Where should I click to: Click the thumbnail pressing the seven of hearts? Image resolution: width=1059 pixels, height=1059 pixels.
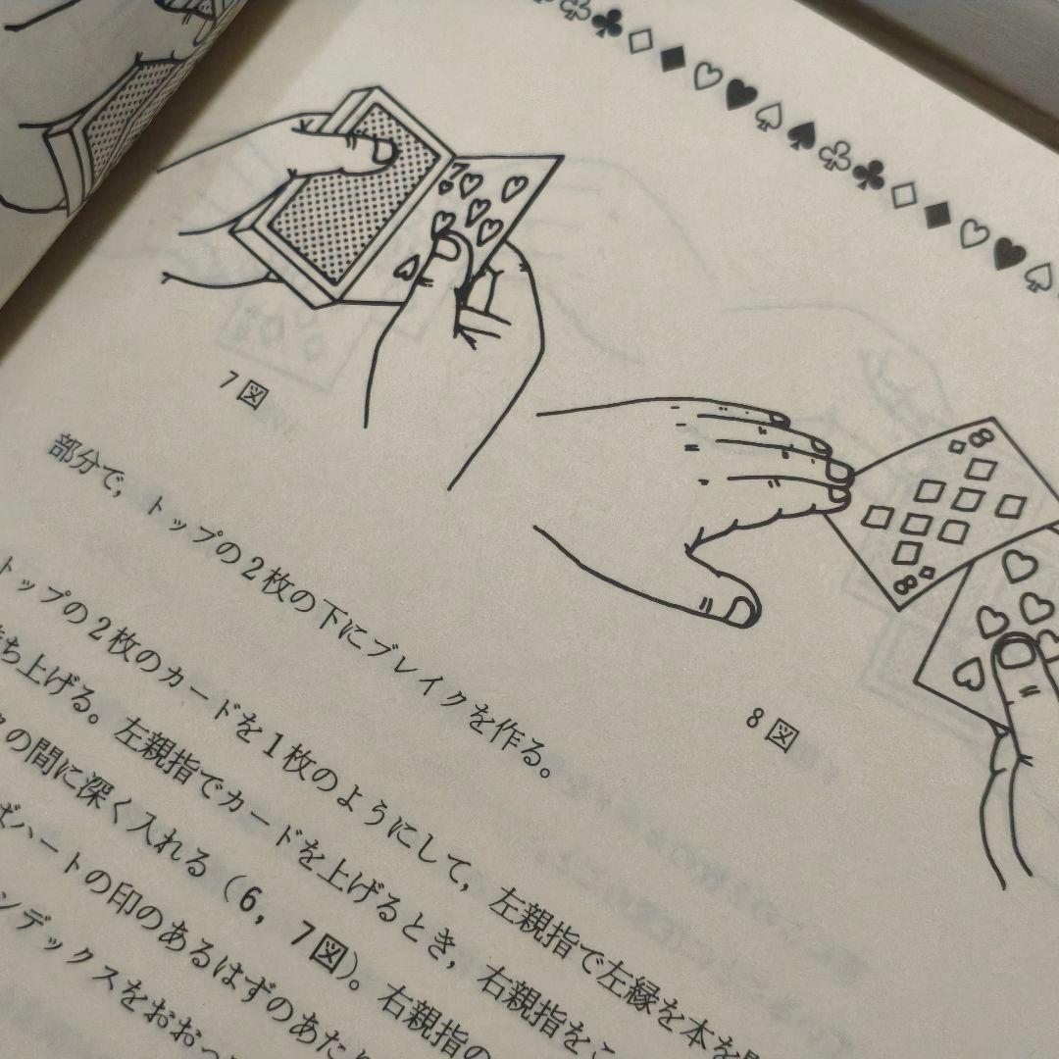pos(449,251)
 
